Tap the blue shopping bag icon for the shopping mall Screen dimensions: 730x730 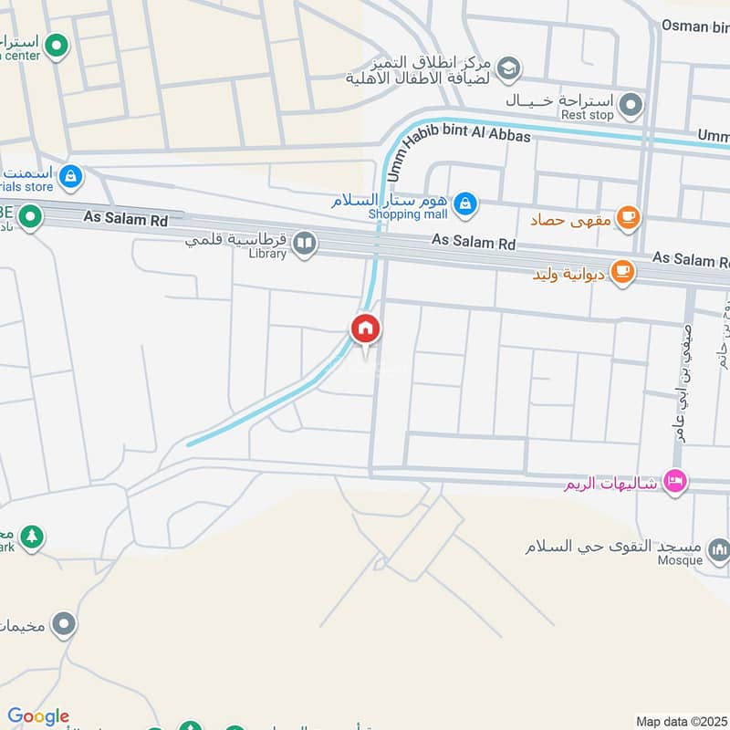(x=465, y=202)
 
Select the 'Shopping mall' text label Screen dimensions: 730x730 (x=408, y=214)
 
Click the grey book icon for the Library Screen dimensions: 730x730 (x=305, y=243)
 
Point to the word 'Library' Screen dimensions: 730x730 (x=266, y=254)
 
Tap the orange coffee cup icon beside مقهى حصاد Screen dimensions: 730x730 (x=628, y=217)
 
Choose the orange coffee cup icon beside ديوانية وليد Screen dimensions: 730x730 (x=622, y=272)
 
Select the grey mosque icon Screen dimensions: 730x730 (x=719, y=549)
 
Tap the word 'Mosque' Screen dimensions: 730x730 (x=680, y=560)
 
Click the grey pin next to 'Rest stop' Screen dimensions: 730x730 (x=630, y=108)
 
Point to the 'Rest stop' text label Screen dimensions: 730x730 (x=588, y=116)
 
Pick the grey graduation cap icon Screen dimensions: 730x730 (x=509, y=67)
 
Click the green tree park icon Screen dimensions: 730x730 (x=33, y=536)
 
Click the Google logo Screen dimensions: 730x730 (x=38, y=716)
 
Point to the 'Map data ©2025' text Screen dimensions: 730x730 (x=680, y=720)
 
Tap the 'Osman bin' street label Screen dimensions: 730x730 (x=696, y=26)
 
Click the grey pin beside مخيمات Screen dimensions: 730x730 (x=63, y=625)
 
